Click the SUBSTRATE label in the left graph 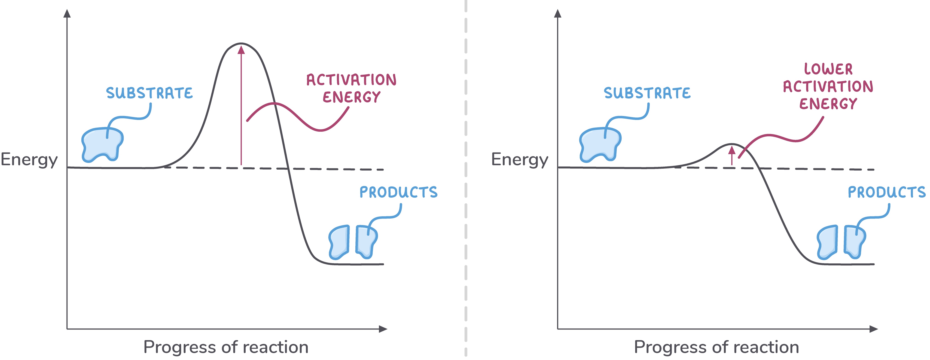point(149,93)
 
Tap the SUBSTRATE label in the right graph point(647,93)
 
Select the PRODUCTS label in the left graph point(398,192)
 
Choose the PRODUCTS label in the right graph point(886,192)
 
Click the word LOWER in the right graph point(828,69)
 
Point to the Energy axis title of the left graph point(29,160)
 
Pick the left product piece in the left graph point(339,242)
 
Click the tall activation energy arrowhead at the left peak point(241,49)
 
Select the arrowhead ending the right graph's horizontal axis point(873,329)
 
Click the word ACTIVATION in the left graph point(351,80)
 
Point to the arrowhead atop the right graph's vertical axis point(558,14)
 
